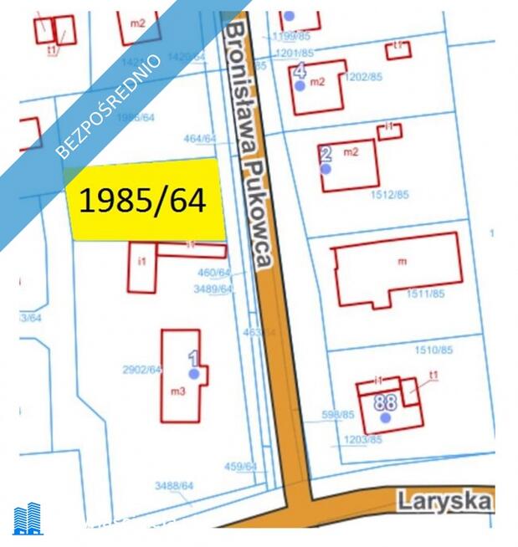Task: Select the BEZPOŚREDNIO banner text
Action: (109, 105)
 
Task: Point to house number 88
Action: (385, 402)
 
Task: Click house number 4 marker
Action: (300, 72)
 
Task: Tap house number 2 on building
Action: (326, 154)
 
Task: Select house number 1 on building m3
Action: (193, 359)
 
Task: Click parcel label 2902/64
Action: (141, 369)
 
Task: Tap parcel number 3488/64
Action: (174, 485)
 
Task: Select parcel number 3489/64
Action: (213, 289)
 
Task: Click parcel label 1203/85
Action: (364, 439)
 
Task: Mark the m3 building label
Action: (177, 391)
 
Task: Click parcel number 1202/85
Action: (364, 78)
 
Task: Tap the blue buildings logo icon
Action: (28, 520)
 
